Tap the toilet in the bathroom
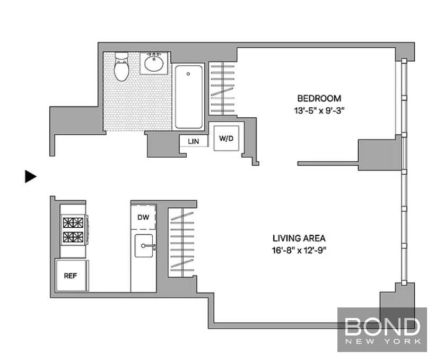click(x=121, y=66)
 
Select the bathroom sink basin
click(x=153, y=64)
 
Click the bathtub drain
click(x=188, y=74)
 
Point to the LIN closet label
click(x=194, y=141)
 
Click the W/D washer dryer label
click(x=226, y=139)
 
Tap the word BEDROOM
click(x=319, y=98)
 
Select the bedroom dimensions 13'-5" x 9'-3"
click(x=319, y=110)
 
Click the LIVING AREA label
click(x=299, y=238)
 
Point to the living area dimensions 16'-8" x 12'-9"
click(x=299, y=251)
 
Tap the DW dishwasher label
click(x=143, y=217)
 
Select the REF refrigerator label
click(x=70, y=276)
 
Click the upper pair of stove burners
click(x=73, y=223)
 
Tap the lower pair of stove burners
click(x=73, y=237)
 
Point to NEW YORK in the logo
click(x=383, y=341)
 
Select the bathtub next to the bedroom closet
click(x=189, y=97)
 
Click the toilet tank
click(x=121, y=56)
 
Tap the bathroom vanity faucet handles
click(x=153, y=54)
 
